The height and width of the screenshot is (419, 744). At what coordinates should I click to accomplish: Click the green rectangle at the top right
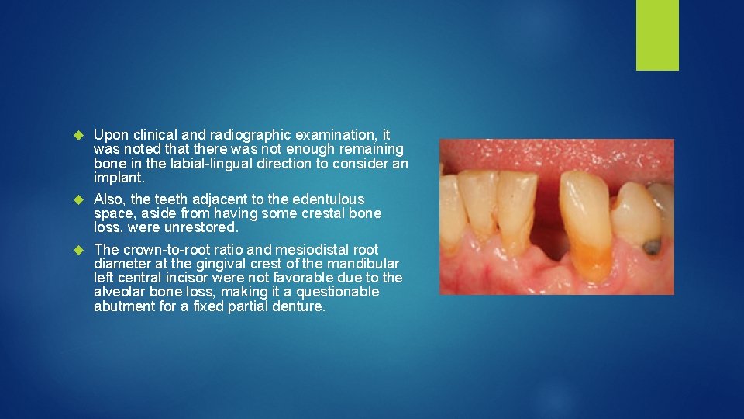tap(657, 35)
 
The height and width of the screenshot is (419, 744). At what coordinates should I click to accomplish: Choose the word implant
tap(117, 177)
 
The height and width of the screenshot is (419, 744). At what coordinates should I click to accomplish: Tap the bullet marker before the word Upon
tap(77, 136)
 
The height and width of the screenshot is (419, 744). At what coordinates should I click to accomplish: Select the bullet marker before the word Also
tap(77, 200)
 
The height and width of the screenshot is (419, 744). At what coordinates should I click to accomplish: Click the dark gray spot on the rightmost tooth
tap(653, 246)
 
